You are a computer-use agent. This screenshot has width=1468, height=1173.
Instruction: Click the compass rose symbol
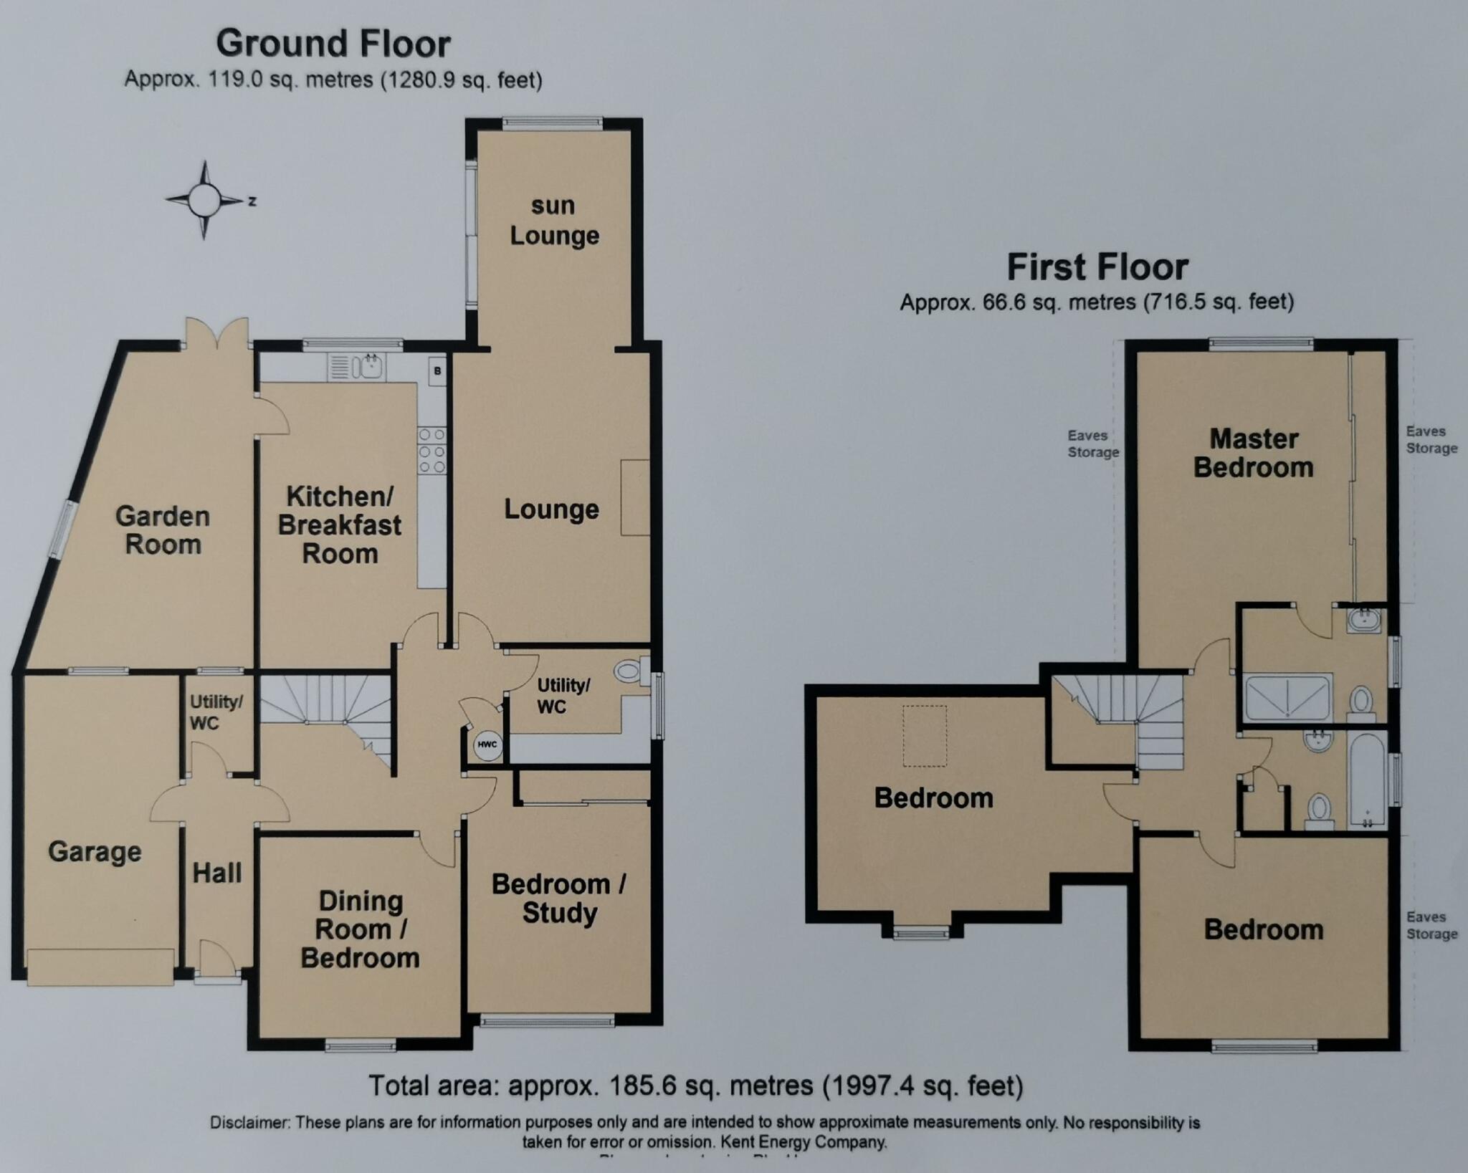(x=204, y=200)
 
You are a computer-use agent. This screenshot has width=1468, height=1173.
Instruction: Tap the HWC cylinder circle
(x=487, y=745)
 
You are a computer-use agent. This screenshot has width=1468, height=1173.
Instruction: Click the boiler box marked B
(x=437, y=370)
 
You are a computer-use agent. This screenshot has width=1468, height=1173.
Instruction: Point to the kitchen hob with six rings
(x=432, y=451)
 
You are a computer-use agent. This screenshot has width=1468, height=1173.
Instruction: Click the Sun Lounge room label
(x=554, y=221)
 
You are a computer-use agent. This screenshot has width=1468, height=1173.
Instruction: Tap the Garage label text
(x=95, y=852)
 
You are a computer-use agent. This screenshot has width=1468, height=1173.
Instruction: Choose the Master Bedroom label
(x=1253, y=453)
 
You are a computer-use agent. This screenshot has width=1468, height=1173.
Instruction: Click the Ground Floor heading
(x=333, y=44)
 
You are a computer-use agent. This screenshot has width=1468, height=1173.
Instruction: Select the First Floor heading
(x=1097, y=267)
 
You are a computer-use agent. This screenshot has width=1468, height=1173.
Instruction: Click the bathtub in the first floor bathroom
(x=1367, y=780)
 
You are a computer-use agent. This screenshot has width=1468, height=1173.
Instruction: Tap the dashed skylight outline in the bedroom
(x=925, y=736)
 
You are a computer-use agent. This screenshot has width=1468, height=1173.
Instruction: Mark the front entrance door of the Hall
(x=216, y=960)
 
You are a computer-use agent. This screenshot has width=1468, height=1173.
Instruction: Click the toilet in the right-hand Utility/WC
(x=629, y=671)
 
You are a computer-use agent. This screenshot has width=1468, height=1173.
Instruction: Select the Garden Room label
(x=163, y=530)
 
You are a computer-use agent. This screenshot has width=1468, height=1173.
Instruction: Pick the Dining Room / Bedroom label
(x=360, y=929)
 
